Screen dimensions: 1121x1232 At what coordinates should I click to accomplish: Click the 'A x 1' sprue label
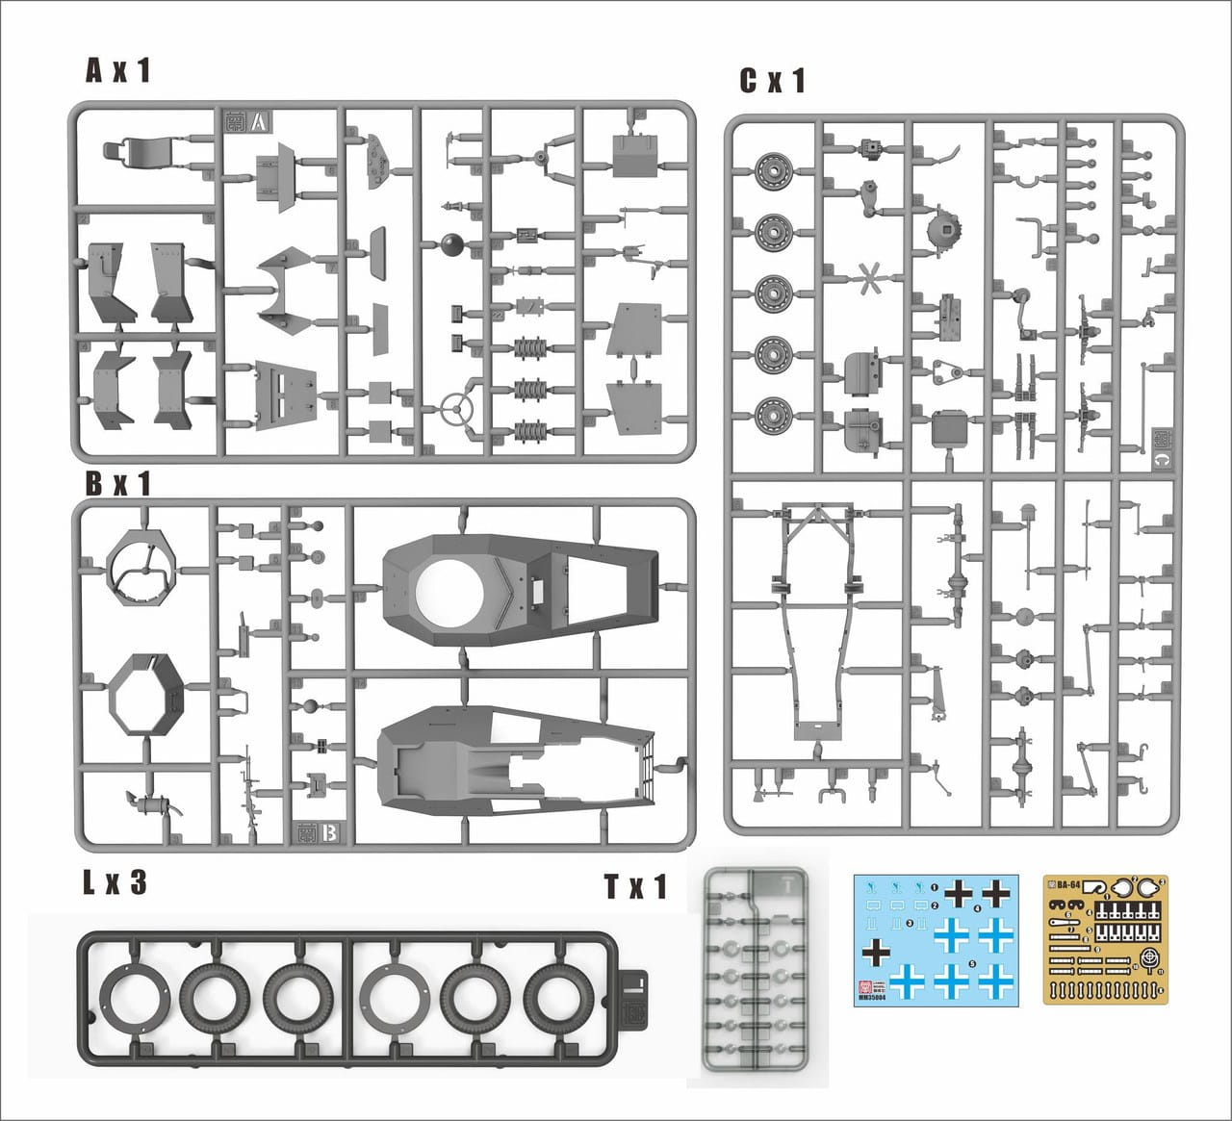coord(118,70)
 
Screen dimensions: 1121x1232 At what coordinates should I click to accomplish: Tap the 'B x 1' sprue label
coord(118,483)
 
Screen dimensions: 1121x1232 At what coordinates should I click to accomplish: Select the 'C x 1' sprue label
coord(772,82)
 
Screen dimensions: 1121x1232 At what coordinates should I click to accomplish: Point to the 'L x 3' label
coord(114,882)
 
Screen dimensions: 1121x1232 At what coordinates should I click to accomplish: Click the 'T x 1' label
coord(635,886)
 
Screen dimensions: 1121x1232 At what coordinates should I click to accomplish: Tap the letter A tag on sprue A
coord(259,122)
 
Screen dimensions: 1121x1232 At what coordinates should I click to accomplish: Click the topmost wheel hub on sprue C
coord(772,171)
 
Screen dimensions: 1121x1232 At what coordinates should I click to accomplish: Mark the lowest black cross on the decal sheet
coord(876,952)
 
